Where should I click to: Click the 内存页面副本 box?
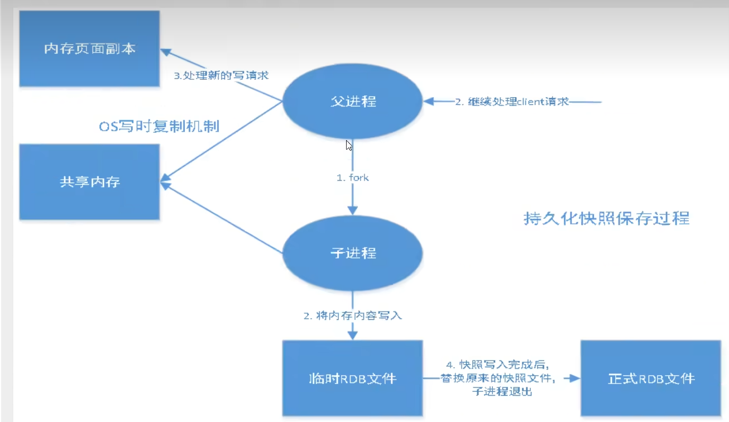coord(89,49)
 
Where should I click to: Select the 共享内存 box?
coord(89,182)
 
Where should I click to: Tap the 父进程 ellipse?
coord(352,102)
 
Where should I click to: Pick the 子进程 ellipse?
coord(352,253)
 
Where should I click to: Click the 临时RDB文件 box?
coord(352,378)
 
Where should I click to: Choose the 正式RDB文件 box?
coord(651,378)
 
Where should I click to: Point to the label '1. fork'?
coord(352,178)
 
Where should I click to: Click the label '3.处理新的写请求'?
coord(221,75)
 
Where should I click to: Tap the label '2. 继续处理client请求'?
coord(512,102)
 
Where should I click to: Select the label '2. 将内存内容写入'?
coord(352,315)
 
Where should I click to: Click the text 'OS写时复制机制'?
coord(159,127)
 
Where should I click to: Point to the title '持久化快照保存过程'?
coord(606,218)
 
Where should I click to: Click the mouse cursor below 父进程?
coord(349,145)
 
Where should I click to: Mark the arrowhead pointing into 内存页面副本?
coord(166,51)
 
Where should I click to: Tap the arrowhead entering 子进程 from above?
coord(352,210)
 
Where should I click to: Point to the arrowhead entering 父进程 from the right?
coord(429,102)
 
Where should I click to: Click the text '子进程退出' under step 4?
coord(501,392)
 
